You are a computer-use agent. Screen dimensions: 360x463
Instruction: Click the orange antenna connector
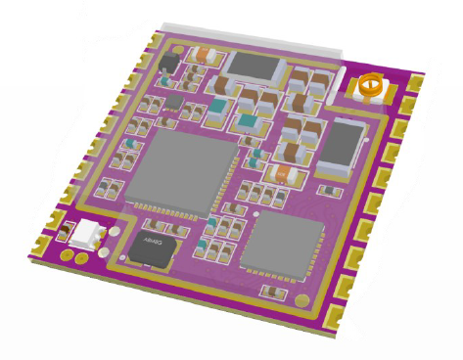click(x=370, y=88)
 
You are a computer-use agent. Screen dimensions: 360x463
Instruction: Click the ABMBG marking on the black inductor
click(x=152, y=240)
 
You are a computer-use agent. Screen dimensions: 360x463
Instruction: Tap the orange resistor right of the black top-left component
click(x=204, y=56)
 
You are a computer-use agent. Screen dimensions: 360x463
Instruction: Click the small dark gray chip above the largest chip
click(x=173, y=101)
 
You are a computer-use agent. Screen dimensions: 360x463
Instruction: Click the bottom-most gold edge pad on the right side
click(x=334, y=315)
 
